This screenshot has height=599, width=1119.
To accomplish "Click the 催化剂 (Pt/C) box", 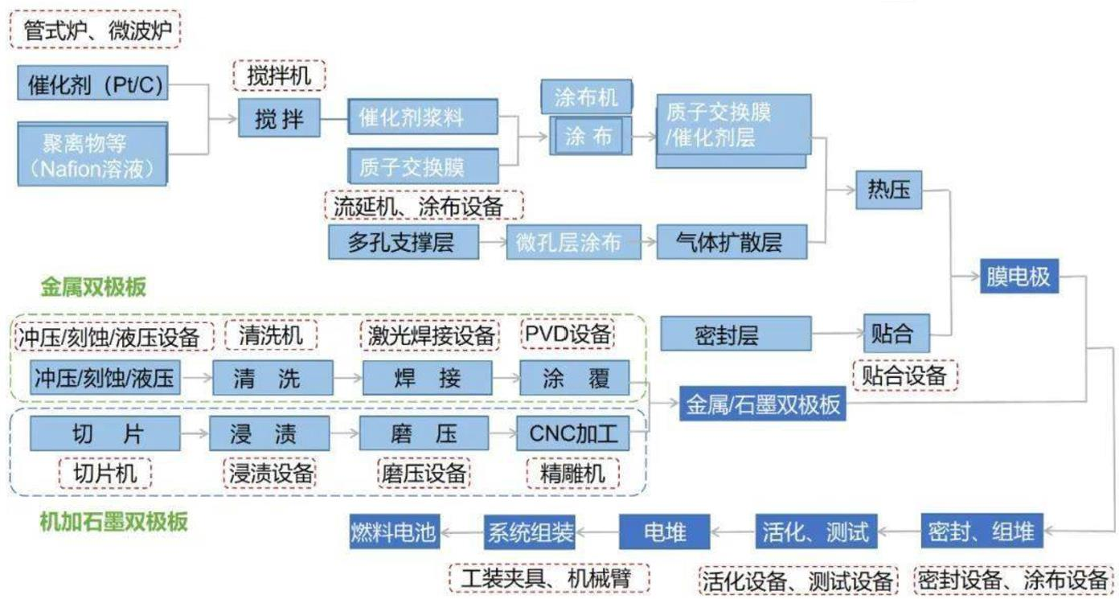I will click(x=92, y=84).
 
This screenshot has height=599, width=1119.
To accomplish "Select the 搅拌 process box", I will click(x=279, y=119).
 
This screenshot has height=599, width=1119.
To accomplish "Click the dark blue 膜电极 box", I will click(x=1019, y=277).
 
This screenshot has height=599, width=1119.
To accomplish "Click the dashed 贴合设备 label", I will click(x=905, y=375).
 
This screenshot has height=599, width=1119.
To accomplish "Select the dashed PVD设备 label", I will click(x=568, y=334).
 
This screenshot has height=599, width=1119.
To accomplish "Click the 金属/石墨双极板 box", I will click(x=763, y=403).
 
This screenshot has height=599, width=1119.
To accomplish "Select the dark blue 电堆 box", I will click(x=665, y=531).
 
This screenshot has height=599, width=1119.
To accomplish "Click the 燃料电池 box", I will click(x=394, y=531).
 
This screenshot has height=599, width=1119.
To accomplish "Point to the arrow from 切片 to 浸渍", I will click(x=194, y=434).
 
